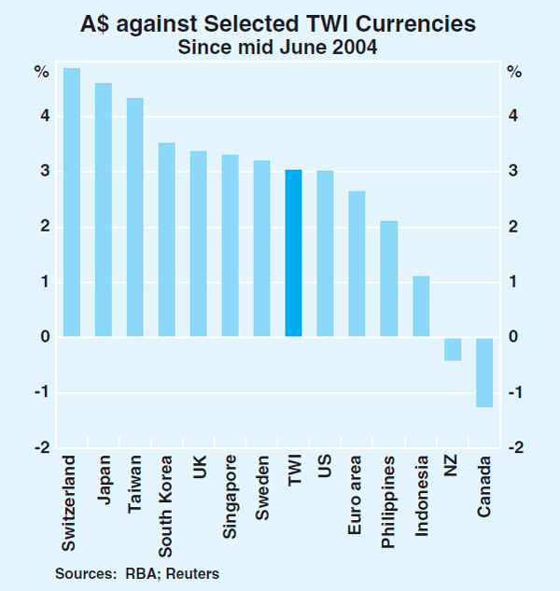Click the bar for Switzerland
(71, 202)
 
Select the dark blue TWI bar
(293, 253)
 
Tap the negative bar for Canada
(484, 372)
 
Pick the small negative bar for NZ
(453, 348)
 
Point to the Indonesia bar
(420, 306)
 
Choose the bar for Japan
(104, 209)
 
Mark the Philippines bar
(388, 278)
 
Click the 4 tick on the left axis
(44, 117)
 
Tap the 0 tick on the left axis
(44, 337)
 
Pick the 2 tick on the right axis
(515, 227)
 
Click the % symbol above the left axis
(43, 72)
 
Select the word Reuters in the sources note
(196, 570)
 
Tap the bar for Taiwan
(135, 217)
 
